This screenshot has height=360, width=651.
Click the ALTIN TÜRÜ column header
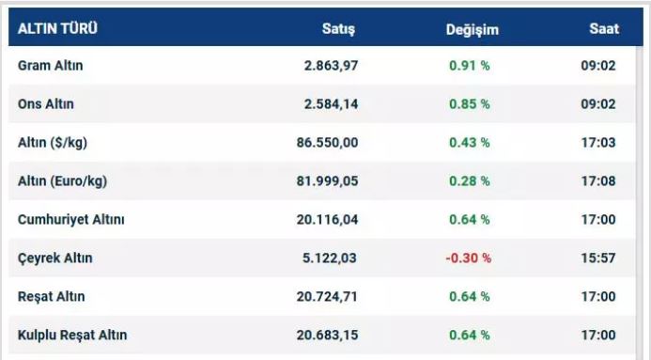pyautogui.click(x=57, y=28)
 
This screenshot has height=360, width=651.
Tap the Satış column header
pyautogui.click(x=338, y=29)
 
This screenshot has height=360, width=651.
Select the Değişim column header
pyautogui.click(x=473, y=30)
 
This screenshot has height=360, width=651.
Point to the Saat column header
pyautogui.click(x=604, y=28)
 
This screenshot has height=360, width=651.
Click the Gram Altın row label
pyautogui.click(x=50, y=65)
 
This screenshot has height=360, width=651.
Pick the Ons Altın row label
pyautogui.click(x=46, y=103)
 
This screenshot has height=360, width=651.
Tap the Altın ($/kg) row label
pyautogui.click(x=53, y=143)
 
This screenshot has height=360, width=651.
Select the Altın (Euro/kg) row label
pyautogui.click(x=62, y=181)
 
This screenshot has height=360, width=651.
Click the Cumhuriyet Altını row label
pyautogui.click(x=71, y=219)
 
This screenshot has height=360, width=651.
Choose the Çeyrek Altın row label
pyautogui.click(x=54, y=258)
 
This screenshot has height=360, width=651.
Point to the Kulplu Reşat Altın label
pyautogui.click(x=72, y=335)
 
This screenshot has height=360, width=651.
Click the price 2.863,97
pyautogui.click(x=331, y=66)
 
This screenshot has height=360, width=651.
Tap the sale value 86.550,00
pyautogui.click(x=327, y=143)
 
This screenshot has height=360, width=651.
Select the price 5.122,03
pyautogui.click(x=329, y=258)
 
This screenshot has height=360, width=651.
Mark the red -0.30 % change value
pyautogui.click(x=469, y=258)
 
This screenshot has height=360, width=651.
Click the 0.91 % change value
pyautogui.click(x=470, y=66)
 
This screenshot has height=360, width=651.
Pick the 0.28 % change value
pyautogui.click(x=470, y=181)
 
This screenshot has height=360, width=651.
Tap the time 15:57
pyautogui.click(x=598, y=258)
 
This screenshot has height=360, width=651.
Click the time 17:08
pyautogui.click(x=598, y=181)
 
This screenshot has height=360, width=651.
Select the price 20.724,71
pyautogui.click(x=327, y=297)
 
